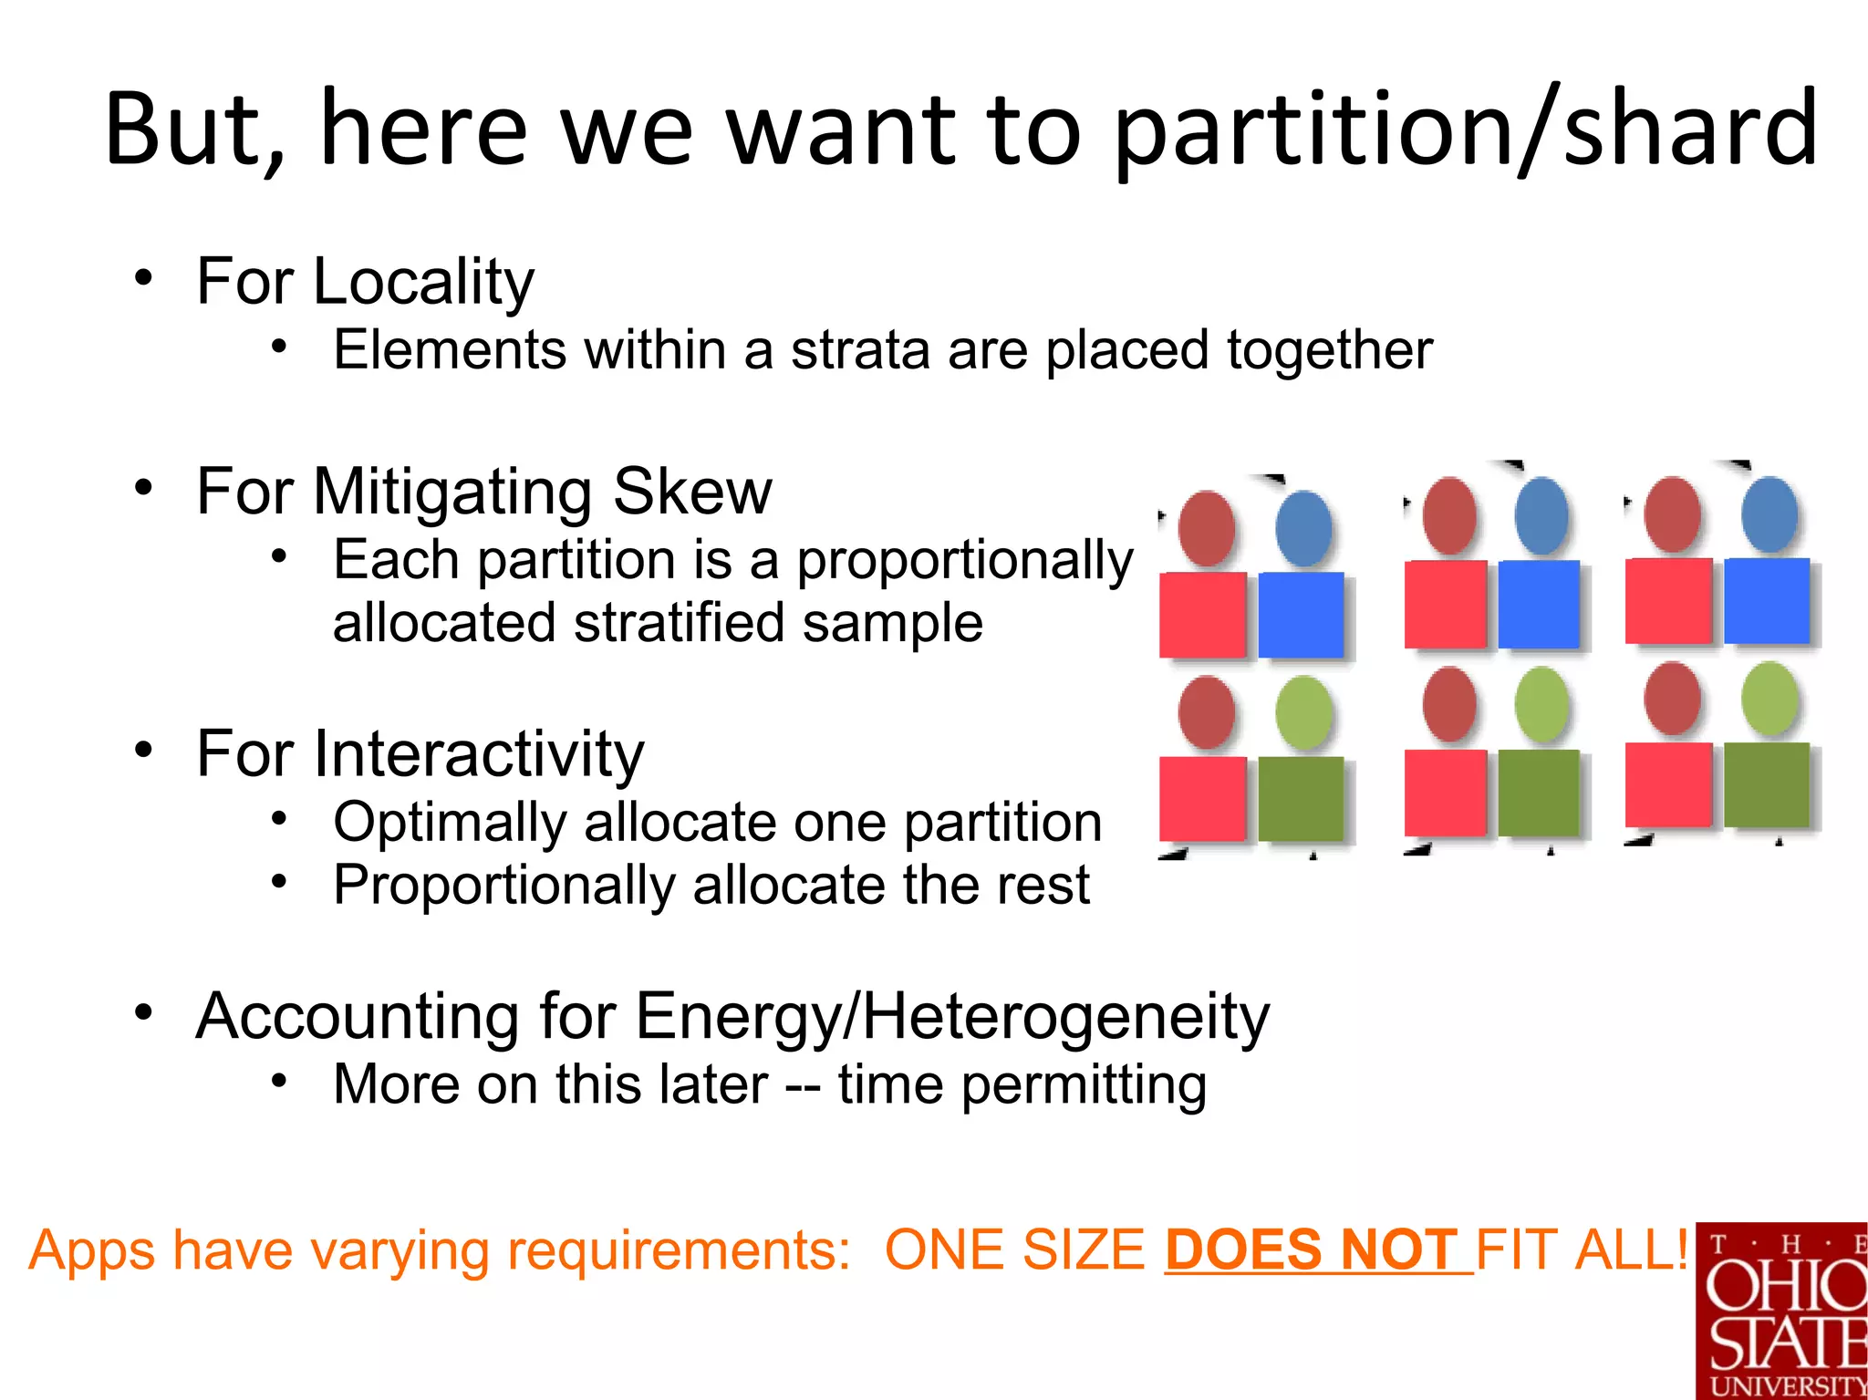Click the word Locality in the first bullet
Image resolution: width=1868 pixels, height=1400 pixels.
point(423,282)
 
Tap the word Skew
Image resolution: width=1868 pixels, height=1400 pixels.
point(692,492)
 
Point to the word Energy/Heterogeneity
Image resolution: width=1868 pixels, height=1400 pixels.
point(952,1017)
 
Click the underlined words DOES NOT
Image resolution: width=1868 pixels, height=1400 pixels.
point(1312,1250)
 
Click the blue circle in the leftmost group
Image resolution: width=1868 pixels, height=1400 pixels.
point(1303,529)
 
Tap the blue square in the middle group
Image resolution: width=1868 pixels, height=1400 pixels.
point(1539,605)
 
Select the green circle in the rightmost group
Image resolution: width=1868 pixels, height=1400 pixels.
point(1769,699)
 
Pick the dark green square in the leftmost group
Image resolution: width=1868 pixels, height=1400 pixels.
point(1301,799)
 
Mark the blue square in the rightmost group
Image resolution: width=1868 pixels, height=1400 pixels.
point(1767,601)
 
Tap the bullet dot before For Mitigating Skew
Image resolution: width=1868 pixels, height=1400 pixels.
point(143,487)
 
